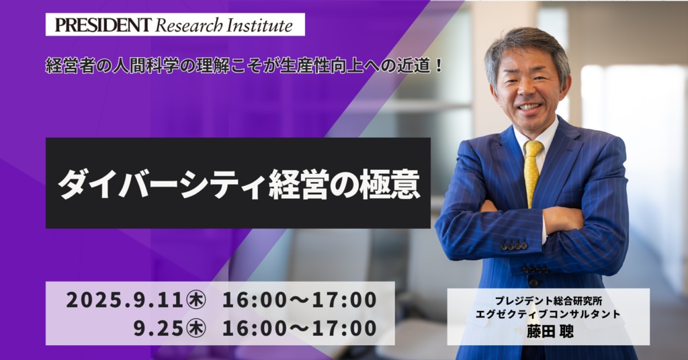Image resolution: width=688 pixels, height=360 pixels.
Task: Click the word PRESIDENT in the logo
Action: tap(103, 26)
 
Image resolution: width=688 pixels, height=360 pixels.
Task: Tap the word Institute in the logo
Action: tap(259, 26)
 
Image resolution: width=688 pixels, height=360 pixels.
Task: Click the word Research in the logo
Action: tap(189, 26)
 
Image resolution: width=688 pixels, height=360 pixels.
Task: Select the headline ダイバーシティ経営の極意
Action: tap(239, 183)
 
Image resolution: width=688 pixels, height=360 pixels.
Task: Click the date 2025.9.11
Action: tap(124, 300)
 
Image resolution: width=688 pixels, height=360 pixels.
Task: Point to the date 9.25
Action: tap(158, 328)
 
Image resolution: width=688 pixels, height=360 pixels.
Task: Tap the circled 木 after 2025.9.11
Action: tap(196, 300)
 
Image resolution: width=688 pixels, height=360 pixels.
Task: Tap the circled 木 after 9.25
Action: tap(196, 328)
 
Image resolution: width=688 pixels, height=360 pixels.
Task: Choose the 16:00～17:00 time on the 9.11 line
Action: tap(299, 300)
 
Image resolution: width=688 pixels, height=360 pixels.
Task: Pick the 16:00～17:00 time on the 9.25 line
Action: tap(299, 328)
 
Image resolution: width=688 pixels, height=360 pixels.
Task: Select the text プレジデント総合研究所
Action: tap(548, 301)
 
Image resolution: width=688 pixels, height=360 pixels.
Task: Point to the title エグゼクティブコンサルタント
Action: tap(548, 314)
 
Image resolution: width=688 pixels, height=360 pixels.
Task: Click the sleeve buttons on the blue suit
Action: tap(514, 246)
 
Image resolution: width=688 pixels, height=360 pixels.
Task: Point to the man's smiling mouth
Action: tap(529, 107)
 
